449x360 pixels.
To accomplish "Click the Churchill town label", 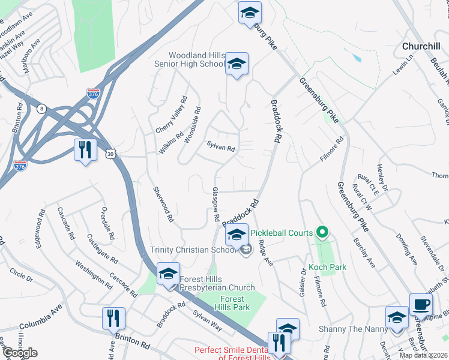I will click(x=421, y=46).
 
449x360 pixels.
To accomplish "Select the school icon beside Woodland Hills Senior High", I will click(x=237, y=64).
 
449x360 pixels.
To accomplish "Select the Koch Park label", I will click(x=325, y=266).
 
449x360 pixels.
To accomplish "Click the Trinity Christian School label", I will click(x=186, y=250).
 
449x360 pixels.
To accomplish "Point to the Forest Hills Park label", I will click(x=232, y=303).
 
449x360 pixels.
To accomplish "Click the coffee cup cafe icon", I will click(x=420, y=304).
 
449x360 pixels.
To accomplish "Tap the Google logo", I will click(x=19, y=352).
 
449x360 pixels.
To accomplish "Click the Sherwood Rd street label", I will click(x=163, y=204).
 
